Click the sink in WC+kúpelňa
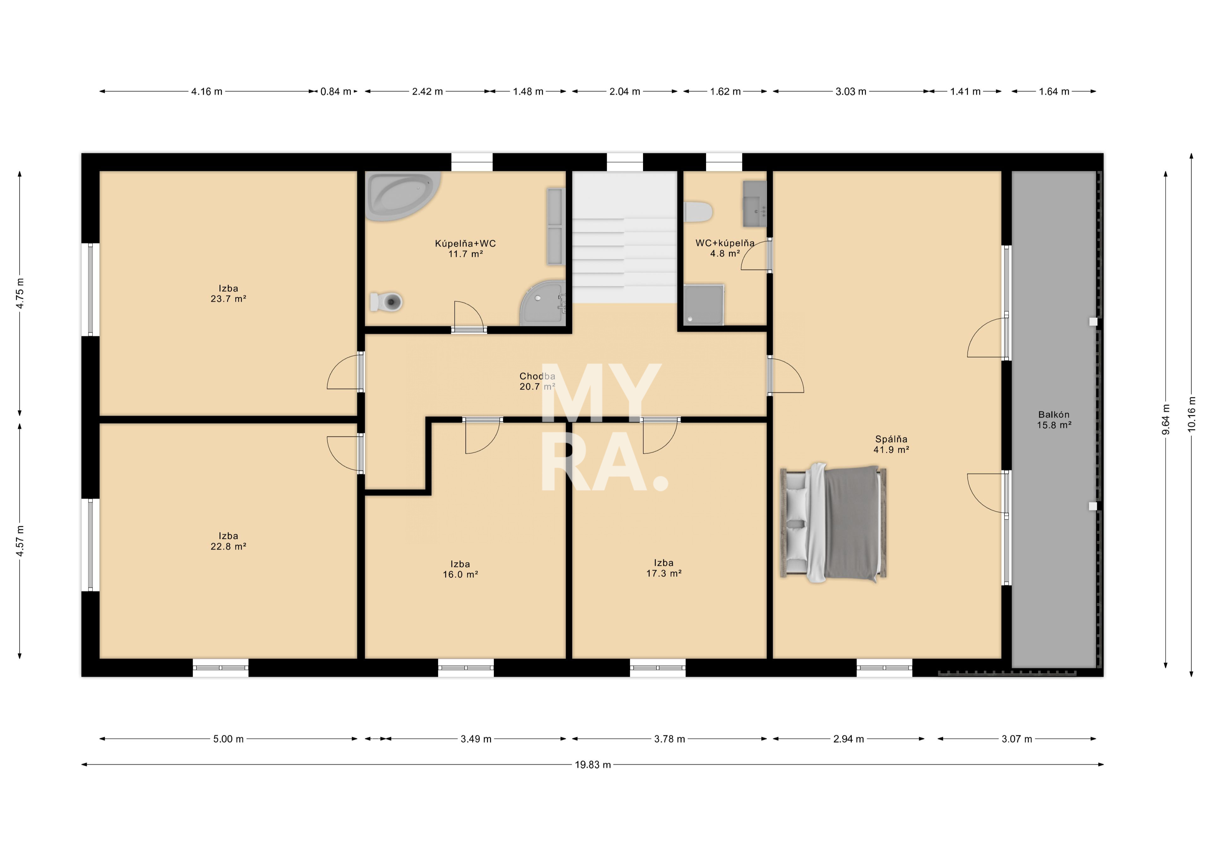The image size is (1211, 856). tap(755, 204)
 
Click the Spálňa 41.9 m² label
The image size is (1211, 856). tap(891, 444)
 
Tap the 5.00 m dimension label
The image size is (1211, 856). tap(228, 739)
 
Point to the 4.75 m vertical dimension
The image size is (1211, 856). tap(20, 293)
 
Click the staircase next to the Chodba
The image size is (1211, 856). tap(624, 237)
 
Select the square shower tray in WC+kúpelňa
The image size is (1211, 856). tap(704, 305)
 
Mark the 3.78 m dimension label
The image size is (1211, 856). tap(669, 739)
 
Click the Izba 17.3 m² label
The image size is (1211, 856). tap(664, 568)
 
